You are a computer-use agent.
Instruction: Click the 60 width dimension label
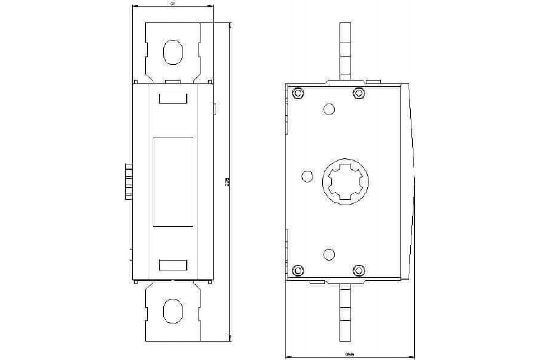click(173, 4)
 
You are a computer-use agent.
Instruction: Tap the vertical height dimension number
click(227, 182)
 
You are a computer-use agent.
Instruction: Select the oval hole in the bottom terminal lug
click(173, 311)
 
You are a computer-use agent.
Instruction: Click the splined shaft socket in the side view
click(346, 181)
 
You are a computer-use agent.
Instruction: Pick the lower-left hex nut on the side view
click(298, 270)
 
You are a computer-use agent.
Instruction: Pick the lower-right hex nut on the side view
click(358, 270)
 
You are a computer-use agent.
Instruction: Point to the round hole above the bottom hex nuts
click(329, 254)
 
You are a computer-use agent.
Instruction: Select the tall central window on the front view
click(173, 181)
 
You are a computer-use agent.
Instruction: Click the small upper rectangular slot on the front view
click(173, 99)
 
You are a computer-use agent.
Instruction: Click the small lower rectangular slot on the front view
click(173, 265)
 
